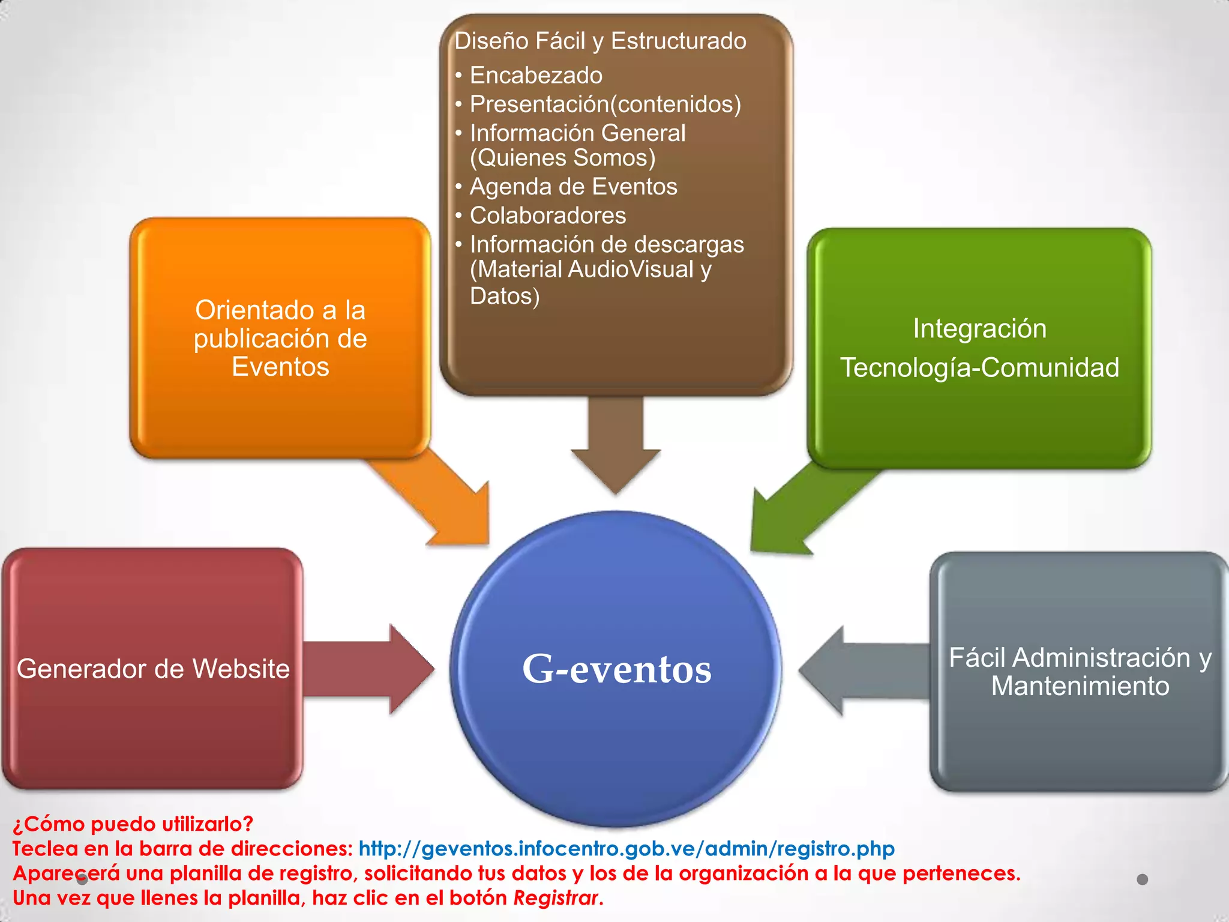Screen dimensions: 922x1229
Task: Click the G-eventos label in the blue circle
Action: pyautogui.click(x=616, y=669)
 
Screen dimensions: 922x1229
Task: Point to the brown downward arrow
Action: pyautogui.click(x=616, y=444)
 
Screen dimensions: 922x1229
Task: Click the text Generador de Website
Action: pyautogui.click(x=153, y=669)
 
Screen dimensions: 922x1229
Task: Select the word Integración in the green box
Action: pyautogui.click(x=979, y=328)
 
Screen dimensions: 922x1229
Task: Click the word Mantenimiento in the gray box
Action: pyautogui.click(x=1080, y=686)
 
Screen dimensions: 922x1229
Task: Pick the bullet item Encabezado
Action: pyautogui.click(x=536, y=76)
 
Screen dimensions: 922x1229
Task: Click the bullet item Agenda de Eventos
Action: pyautogui.click(x=573, y=187)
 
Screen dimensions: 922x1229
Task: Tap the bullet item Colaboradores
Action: pyautogui.click(x=547, y=215)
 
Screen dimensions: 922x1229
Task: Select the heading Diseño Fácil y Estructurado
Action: pyautogui.click(x=600, y=41)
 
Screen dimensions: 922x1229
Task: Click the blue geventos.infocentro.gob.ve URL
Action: pyautogui.click(x=627, y=848)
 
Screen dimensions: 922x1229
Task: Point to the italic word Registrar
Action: pyautogui.click(x=556, y=897)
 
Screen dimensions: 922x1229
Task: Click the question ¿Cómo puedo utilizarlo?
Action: pyautogui.click(x=133, y=824)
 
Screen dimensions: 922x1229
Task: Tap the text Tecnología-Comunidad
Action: pyautogui.click(x=979, y=367)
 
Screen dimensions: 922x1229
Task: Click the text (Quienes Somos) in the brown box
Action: pyautogui.click(x=562, y=158)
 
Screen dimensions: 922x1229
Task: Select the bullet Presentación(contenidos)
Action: pyautogui.click(x=605, y=104)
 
